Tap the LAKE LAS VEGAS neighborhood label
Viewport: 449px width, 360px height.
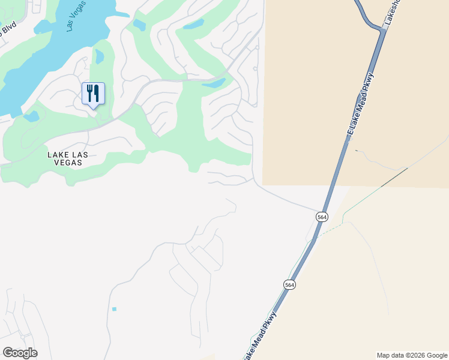68,158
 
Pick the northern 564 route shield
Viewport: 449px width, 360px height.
322,217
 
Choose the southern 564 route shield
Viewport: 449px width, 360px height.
290,284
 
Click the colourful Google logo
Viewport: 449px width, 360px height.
20,353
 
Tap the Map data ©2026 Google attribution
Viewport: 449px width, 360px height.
412,355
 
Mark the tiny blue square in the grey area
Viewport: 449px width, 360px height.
114,309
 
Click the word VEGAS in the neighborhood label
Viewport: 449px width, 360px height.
68,163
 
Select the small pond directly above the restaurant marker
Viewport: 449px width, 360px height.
99,56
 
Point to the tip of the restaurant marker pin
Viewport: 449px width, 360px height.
93,108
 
